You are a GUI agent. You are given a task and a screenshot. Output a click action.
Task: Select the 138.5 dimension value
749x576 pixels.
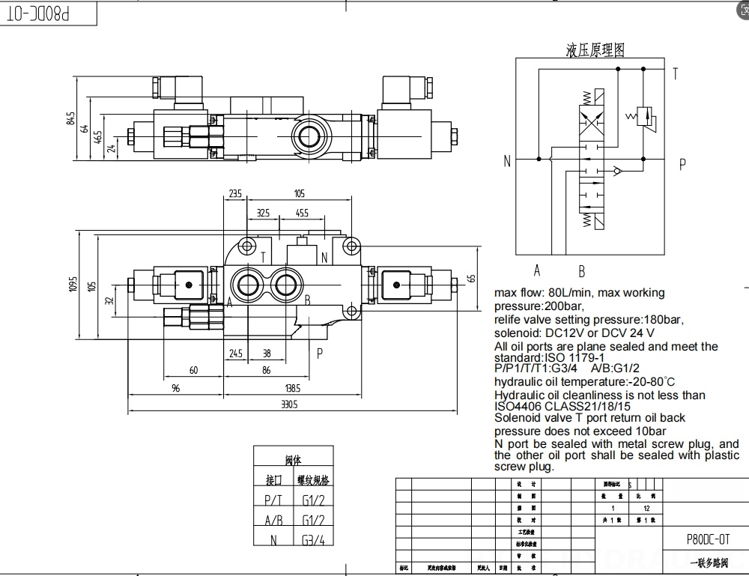[292, 388]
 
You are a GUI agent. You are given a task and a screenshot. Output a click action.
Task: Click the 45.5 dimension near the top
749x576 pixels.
[302, 213]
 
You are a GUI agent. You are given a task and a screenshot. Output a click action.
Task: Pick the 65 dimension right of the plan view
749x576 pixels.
[471, 278]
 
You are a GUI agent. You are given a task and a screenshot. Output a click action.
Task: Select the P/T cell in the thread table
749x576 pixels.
[273, 500]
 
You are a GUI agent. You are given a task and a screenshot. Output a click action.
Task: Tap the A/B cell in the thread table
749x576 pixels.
[273, 520]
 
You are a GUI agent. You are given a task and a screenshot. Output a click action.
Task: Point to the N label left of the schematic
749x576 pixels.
[507, 160]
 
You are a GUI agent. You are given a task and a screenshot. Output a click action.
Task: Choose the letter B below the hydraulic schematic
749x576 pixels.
[581, 271]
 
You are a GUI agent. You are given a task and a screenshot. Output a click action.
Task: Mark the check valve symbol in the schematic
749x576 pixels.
[616, 171]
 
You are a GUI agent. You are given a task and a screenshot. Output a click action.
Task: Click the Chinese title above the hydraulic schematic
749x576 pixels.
[595, 50]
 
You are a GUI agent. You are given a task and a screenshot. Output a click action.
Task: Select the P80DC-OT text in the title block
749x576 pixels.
[707, 539]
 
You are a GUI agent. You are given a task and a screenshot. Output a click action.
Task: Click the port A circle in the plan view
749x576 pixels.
[246, 284]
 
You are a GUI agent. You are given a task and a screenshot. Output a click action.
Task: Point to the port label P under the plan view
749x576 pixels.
[320, 353]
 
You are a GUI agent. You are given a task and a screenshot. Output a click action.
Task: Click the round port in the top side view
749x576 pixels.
[307, 136]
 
